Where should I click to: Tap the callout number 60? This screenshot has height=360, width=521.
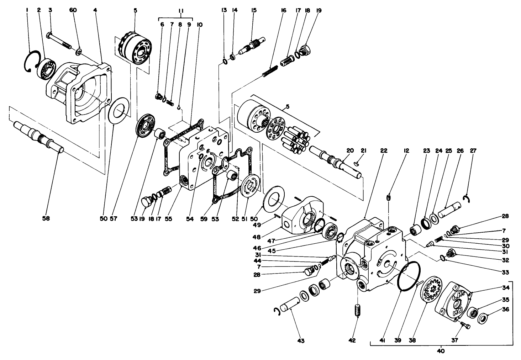[x=73, y=10]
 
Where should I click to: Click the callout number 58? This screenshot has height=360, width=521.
[x=46, y=219]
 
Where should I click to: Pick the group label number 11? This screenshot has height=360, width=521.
[x=181, y=11]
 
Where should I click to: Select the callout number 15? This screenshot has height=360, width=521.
[x=254, y=10]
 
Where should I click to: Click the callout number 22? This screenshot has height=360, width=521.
[x=384, y=150]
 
